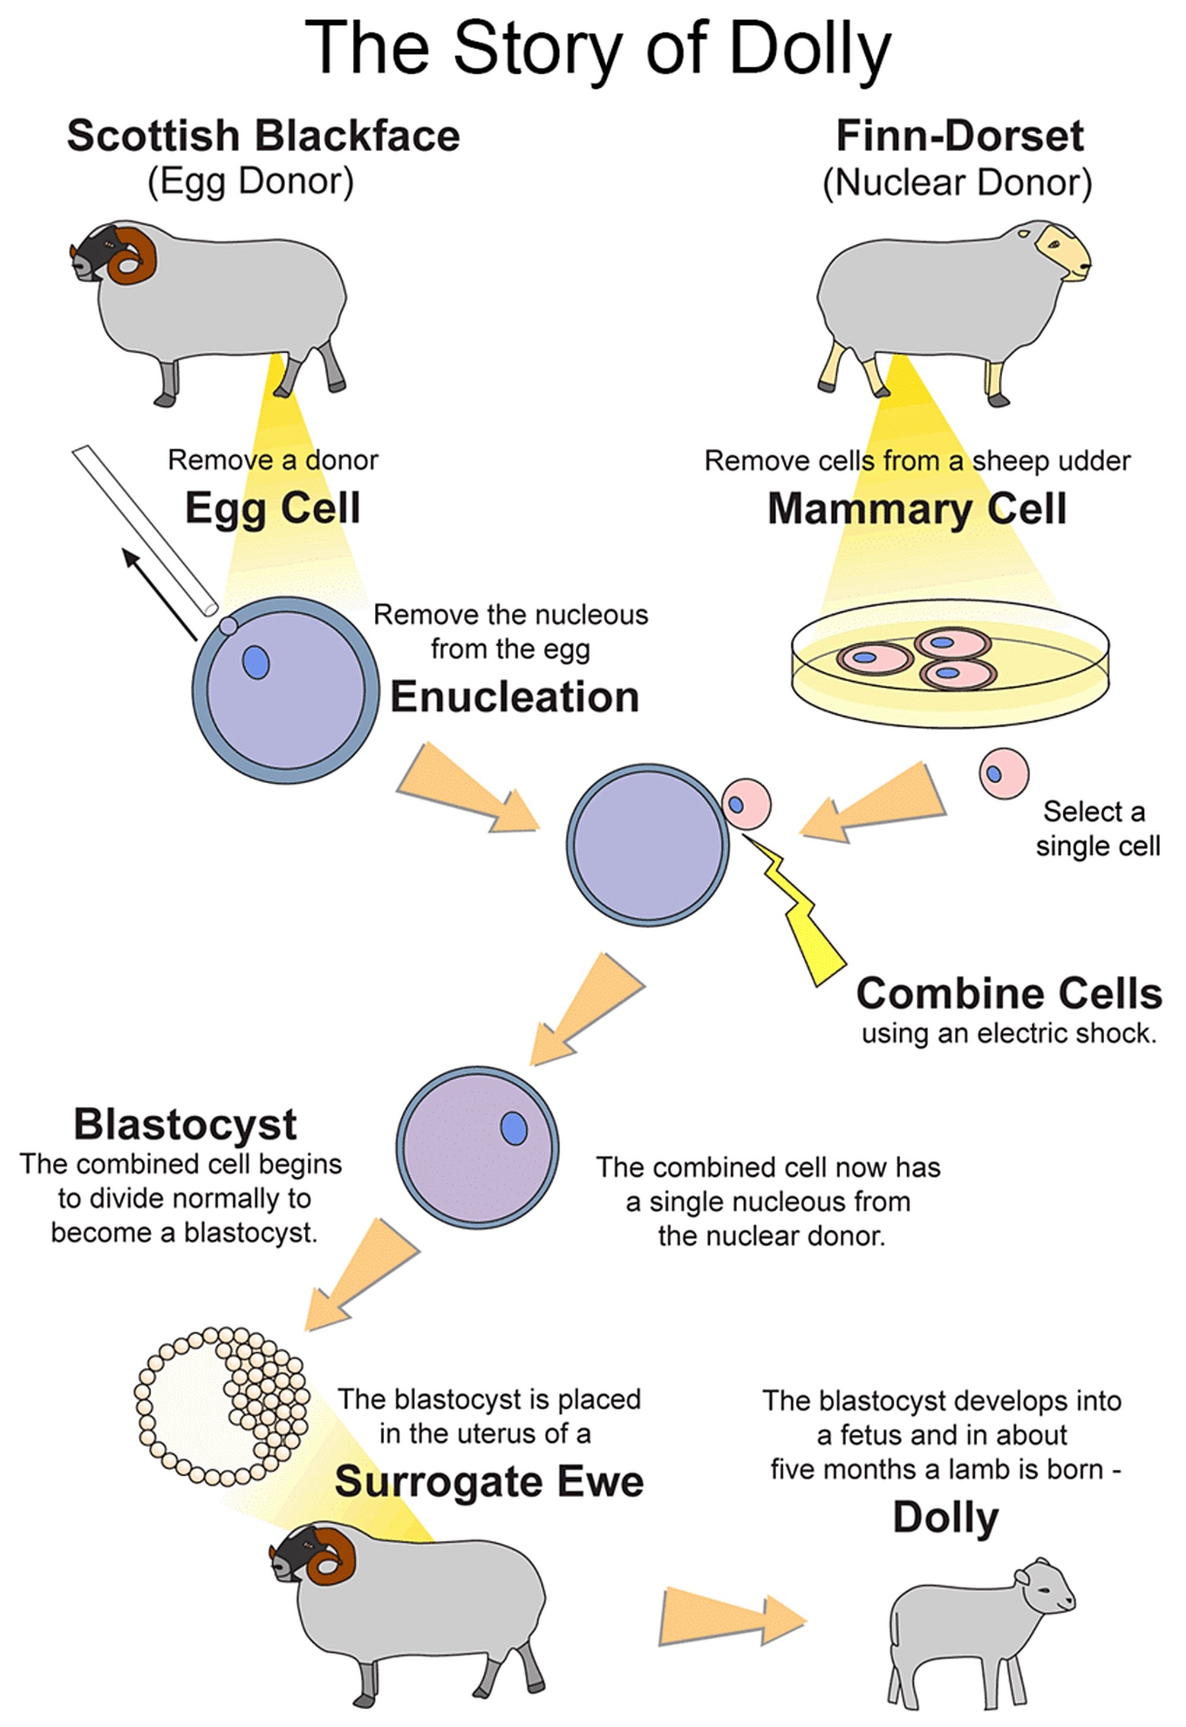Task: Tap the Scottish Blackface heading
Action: tap(263, 136)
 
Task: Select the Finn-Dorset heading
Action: tap(959, 136)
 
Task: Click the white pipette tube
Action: tap(144, 528)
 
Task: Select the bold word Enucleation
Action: tap(514, 697)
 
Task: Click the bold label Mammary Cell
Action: tap(916, 509)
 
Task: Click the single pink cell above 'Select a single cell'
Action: tap(1003, 774)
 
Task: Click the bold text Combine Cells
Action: tap(1009, 993)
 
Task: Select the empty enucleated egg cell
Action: tap(647, 845)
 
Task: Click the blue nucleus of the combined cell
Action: tap(514, 1129)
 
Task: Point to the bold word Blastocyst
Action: tap(185, 1123)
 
